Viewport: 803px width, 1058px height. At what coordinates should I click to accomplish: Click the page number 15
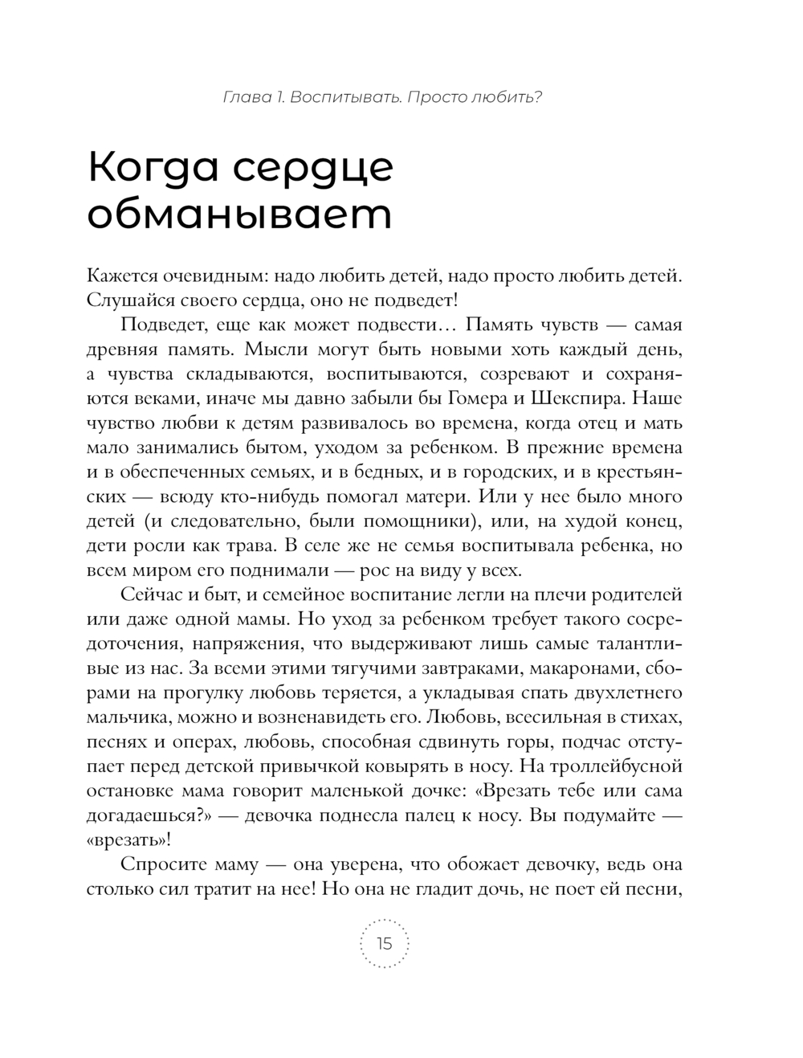(385, 943)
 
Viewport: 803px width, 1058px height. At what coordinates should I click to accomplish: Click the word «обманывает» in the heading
(239, 214)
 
